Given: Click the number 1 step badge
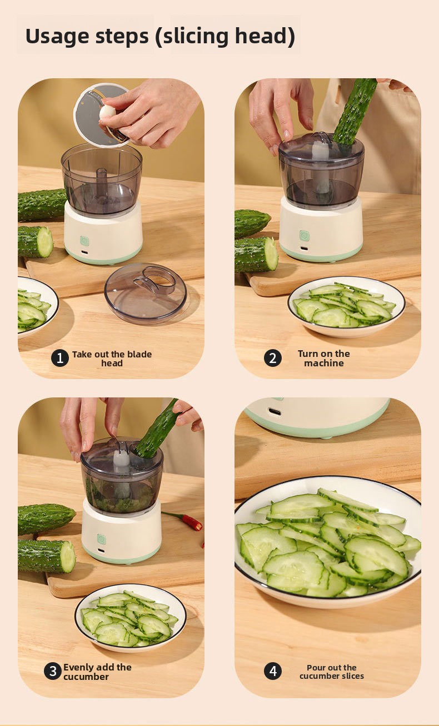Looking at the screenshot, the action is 59,358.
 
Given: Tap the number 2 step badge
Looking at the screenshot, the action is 272,358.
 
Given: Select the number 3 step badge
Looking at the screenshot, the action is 53,671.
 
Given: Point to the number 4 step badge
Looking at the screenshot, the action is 272,671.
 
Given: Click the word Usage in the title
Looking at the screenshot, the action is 57,37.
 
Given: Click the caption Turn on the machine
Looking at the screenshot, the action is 324,358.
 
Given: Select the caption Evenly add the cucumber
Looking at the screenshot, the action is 97,672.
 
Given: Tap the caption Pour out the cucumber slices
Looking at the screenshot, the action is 332,672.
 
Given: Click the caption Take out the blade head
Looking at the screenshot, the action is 112,359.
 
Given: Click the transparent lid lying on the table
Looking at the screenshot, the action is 146,294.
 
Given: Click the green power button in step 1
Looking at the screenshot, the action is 84,241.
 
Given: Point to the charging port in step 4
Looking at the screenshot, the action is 275,412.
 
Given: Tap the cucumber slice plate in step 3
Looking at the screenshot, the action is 131,618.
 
